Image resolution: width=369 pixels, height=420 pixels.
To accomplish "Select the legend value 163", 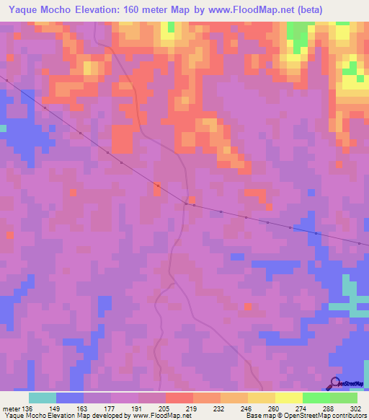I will coord(84,408).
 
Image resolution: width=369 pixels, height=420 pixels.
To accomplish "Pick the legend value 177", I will coord(111,408).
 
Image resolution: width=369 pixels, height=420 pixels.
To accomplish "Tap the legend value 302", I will coord(355,408).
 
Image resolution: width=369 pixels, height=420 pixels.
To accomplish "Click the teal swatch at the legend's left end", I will coord(43,398).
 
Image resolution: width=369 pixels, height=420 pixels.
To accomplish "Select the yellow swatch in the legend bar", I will coord(288,398).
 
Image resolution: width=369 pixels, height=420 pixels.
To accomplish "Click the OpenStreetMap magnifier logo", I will coord(334,382).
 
